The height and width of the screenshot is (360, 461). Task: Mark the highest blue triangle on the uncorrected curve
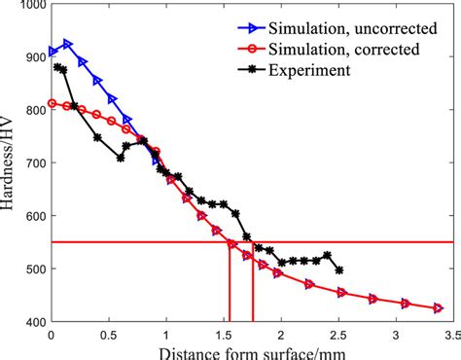pyautogui.click(x=67, y=44)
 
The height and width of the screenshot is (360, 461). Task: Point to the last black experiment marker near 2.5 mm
pyautogui.click(x=337, y=270)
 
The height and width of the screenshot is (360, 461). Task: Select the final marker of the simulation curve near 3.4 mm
pyautogui.click(x=438, y=307)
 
